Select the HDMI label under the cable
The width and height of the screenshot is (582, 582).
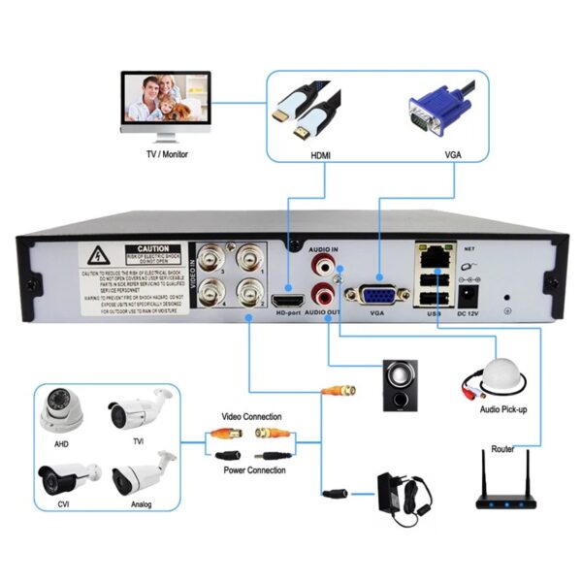[320, 153]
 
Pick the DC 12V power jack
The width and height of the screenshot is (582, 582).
[469, 294]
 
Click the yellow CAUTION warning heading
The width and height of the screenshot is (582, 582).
[152, 249]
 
